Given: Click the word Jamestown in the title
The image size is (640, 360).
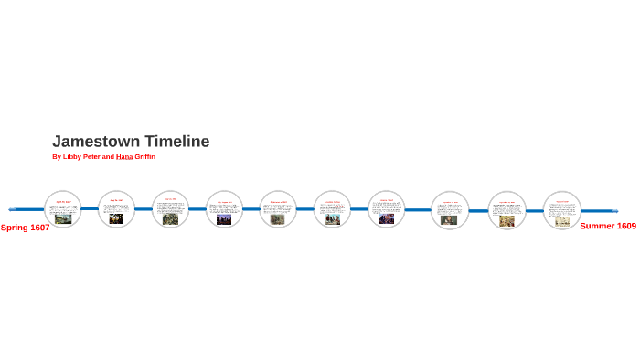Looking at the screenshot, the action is [92, 142].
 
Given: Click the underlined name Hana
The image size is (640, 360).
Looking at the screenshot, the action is [124, 157].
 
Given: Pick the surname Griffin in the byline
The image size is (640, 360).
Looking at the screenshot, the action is [145, 157].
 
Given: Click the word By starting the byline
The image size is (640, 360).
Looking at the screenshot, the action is [57, 157].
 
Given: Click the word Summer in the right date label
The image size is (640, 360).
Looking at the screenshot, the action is [598, 226].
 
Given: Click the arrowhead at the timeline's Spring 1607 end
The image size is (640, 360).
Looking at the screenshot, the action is [12, 209].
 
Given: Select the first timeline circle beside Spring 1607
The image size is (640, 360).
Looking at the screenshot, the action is [63, 209].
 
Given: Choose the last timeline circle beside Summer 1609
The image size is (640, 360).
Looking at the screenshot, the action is [562, 209].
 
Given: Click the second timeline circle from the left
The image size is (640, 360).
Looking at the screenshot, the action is [116, 209].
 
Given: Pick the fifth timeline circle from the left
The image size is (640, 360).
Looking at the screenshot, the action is [278, 209].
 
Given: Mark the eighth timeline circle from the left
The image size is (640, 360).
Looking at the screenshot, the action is [450, 209].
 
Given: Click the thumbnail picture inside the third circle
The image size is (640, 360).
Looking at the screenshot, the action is [170, 219].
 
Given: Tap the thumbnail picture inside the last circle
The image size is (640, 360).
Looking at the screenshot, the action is [562, 220].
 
